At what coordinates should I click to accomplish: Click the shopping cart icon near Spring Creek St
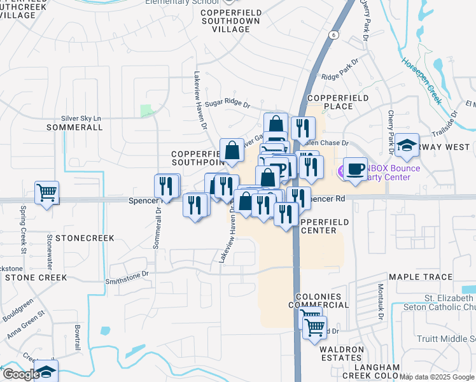[47, 192]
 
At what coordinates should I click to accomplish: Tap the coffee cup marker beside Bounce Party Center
[355, 169]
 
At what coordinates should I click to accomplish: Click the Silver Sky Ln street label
[81, 118]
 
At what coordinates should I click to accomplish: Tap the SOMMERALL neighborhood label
[74, 127]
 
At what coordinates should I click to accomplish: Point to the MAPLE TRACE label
[420, 277]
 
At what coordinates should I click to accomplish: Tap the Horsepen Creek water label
[421, 82]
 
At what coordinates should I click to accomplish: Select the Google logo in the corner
[20, 374]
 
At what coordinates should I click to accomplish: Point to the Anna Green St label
[25, 323]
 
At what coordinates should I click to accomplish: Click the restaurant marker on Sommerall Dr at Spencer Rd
[167, 185]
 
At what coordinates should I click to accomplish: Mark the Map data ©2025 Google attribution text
[437, 377]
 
